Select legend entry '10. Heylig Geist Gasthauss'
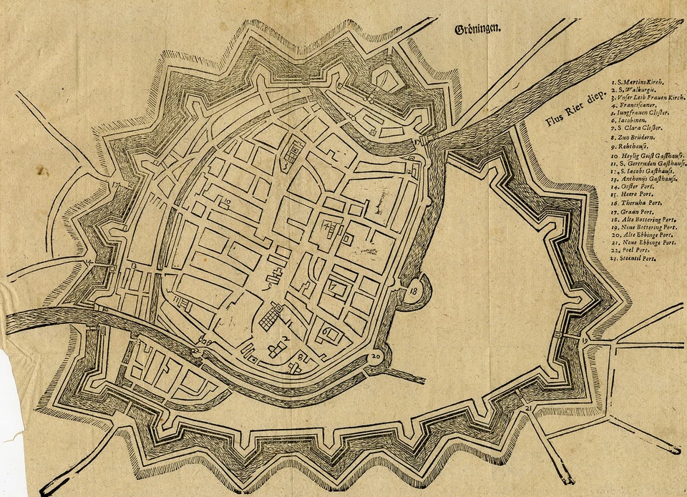648,155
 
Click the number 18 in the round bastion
414,292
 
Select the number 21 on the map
528,408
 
